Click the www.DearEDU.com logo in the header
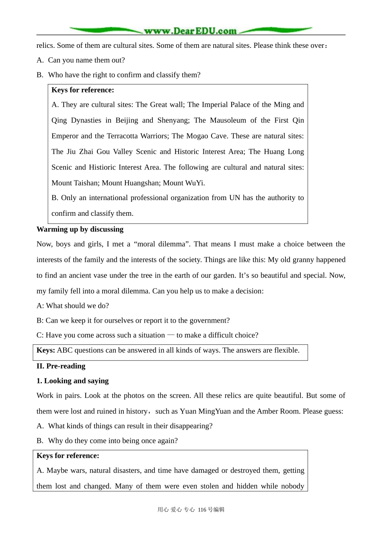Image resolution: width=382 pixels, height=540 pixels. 190,31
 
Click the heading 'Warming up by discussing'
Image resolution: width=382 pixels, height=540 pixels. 80,229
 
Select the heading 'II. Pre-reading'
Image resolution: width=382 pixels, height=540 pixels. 61,366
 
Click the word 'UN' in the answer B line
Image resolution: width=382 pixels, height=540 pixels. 234,198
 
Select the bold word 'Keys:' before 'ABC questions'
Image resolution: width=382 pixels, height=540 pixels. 46,350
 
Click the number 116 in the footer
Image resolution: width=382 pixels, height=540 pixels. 202,509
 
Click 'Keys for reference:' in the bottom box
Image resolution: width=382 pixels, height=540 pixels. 68,456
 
